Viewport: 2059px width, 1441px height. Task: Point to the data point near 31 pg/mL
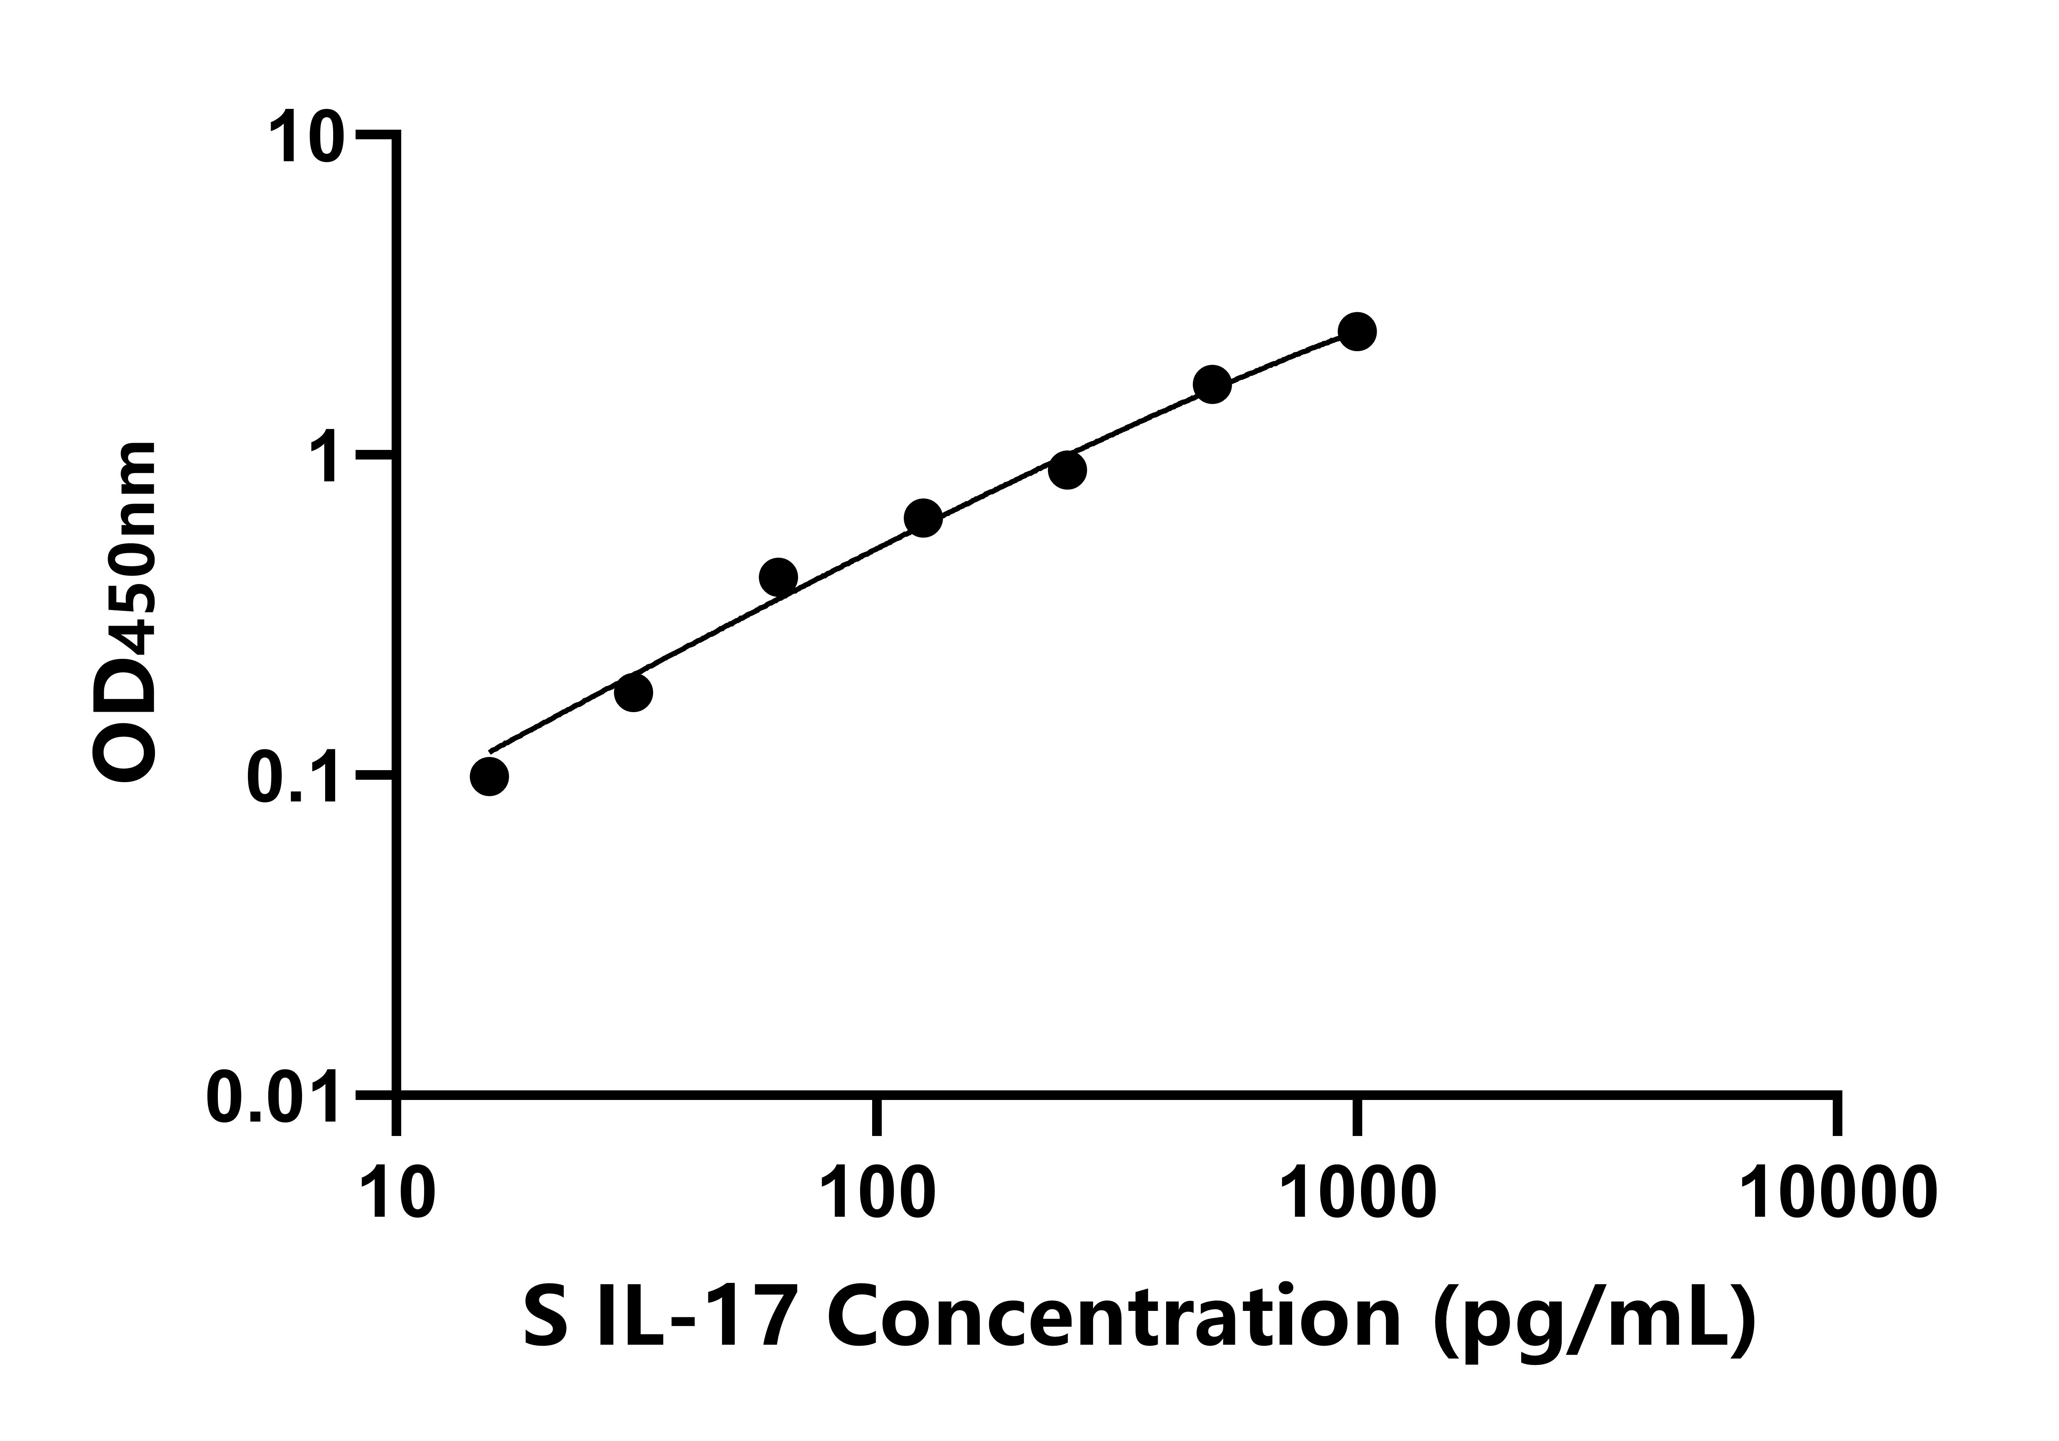[x=633, y=692]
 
